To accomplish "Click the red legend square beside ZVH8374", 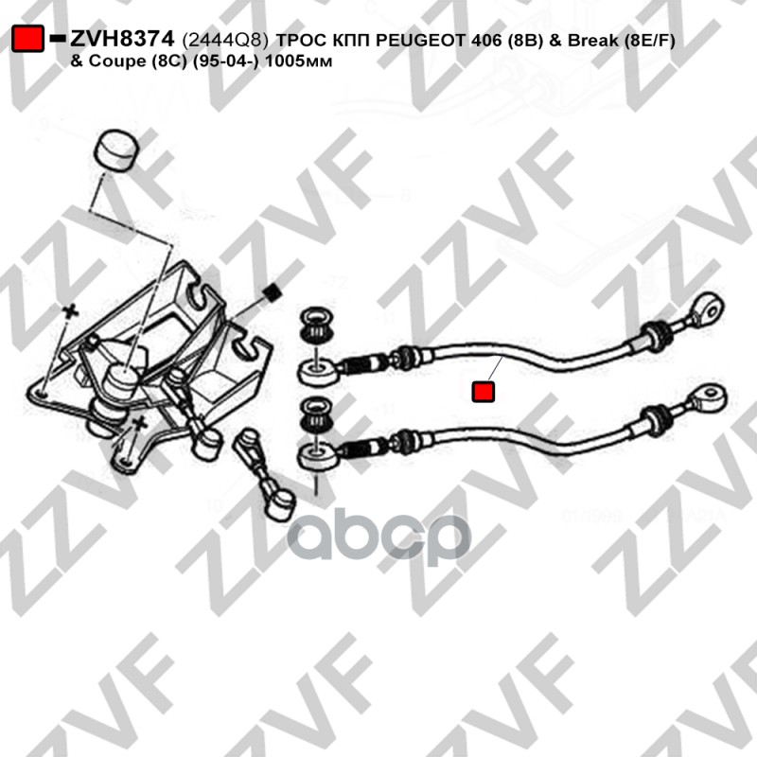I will coord(28,40).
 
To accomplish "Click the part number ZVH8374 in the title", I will coord(120,40).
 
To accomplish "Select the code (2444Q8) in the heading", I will coord(224,41).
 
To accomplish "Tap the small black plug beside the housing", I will coord(272,292).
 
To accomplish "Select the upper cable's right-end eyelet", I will coord(707,305).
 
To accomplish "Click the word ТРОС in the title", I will coord(300,41).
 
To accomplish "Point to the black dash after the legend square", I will coord(56,40).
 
